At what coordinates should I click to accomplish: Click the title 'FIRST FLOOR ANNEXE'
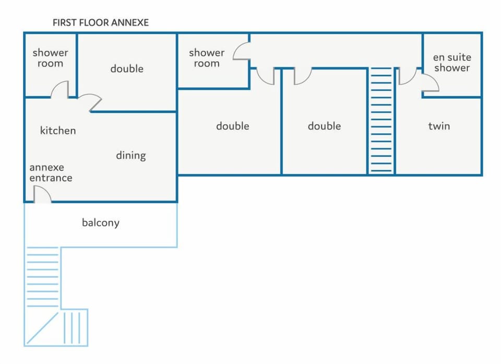pos(101,22)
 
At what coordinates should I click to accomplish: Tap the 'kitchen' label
pos(58,131)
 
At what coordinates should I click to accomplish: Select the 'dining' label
pos(131,156)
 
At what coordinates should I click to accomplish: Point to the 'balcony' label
pos(101,222)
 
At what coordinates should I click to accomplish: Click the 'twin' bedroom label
pos(439,126)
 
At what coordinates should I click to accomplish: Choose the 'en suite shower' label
pos(452,62)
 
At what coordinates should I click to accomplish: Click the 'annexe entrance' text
pos(51,172)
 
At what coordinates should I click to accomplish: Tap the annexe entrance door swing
pos(42,194)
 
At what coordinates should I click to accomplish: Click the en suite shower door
pos(431,83)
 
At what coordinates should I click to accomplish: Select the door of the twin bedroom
pos(407,76)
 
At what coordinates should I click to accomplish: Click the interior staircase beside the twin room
pos(381,120)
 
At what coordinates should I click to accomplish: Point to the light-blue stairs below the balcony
pos(43,277)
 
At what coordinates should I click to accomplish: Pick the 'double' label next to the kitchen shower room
pos(127,68)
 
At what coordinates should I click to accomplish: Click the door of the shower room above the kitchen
pos(59,89)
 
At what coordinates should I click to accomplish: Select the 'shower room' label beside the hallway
pos(207,58)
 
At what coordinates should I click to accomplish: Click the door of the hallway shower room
pos(241,52)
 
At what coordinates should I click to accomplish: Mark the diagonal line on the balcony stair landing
pos(42,328)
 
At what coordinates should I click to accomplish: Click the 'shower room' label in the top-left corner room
pos(51,58)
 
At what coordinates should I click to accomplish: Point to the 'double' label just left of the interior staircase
pos(324,126)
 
